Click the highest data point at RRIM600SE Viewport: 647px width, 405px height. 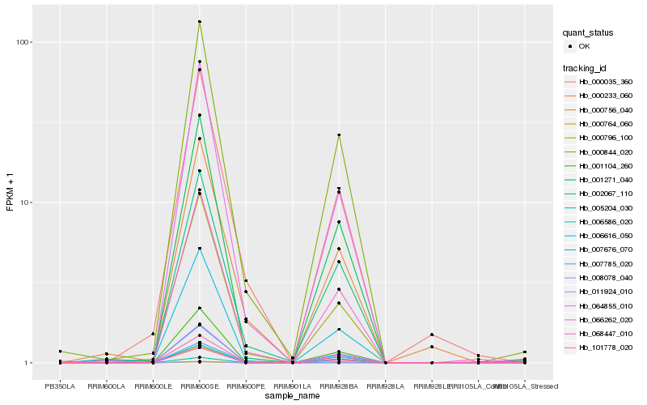pos(199,22)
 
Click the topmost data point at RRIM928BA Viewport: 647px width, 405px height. pos(339,135)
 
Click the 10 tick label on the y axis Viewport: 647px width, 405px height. pos(26,202)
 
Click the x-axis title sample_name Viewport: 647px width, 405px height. pos(293,396)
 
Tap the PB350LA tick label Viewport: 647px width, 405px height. pos(60,386)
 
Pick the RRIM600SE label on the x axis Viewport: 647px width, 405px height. pos(199,386)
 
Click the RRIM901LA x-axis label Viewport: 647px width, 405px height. pos(292,386)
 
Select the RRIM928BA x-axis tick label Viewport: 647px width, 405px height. pos(339,386)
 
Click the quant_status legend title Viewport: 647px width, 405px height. pos(588,33)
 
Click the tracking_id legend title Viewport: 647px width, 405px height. pos(587,67)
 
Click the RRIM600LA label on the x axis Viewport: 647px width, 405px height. pos(106,386)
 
